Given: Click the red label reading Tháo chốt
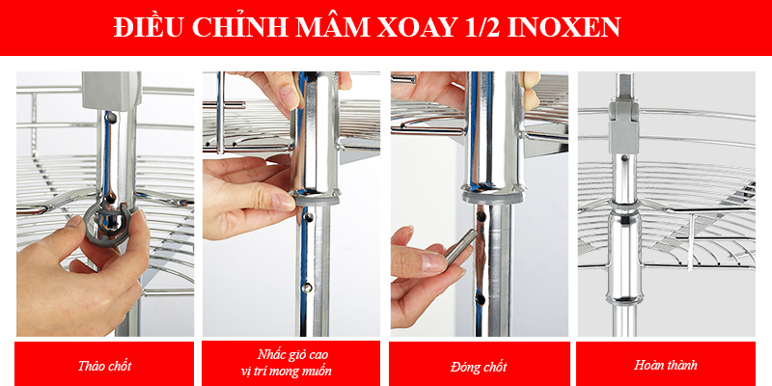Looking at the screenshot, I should click(x=104, y=366).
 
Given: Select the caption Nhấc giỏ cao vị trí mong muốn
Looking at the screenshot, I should click(x=292, y=363).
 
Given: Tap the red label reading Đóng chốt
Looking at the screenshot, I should click(x=480, y=366).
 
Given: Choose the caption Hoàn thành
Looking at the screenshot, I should click(x=667, y=366).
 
